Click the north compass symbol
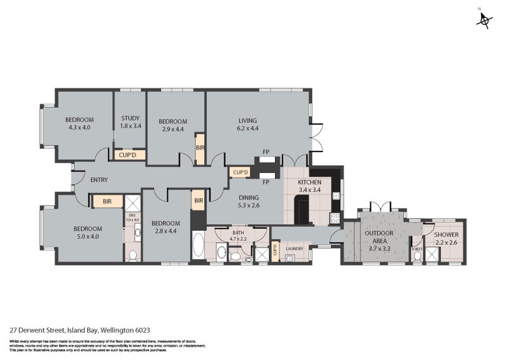(485, 20)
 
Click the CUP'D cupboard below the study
(130, 155)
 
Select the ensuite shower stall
(133, 203)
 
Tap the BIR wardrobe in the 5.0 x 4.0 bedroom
(106, 202)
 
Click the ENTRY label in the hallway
(99, 180)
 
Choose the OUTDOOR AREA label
(379, 237)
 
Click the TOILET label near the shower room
(417, 249)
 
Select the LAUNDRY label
(294, 249)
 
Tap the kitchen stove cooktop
(333, 218)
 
